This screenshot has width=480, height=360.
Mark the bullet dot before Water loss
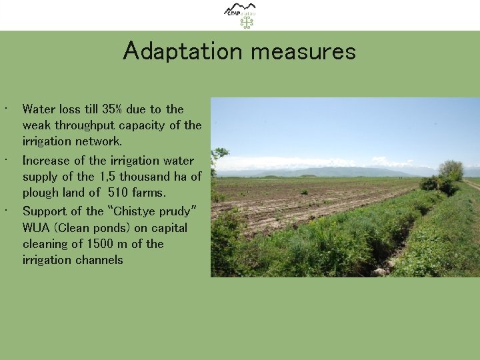pyautogui.click(x=5, y=107)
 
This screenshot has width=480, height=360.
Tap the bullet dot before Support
pyautogui.click(x=5, y=209)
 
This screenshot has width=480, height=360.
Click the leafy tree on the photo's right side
pyautogui.click(x=451, y=170)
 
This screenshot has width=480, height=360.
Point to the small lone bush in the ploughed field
pyautogui.click(x=304, y=191)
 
